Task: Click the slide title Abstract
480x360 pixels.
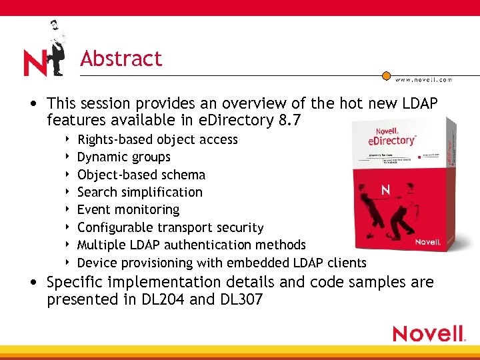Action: point(121,59)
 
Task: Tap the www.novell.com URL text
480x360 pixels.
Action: point(423,80)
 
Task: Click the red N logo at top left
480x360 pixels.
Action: point(35,63)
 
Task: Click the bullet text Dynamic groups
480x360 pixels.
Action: point(124,157)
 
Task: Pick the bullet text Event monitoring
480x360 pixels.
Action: point(128,209)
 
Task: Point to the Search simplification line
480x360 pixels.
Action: point(140,192)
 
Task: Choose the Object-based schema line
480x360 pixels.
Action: point(141,175)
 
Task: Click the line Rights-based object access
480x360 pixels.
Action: point(157,139)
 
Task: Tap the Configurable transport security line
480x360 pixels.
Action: point(171,227)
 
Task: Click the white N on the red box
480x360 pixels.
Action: point(385,191)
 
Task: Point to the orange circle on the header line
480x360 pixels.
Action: point(386,75)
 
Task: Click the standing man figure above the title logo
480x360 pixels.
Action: point(57,47)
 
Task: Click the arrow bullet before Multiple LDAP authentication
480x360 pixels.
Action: point(69,245)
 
